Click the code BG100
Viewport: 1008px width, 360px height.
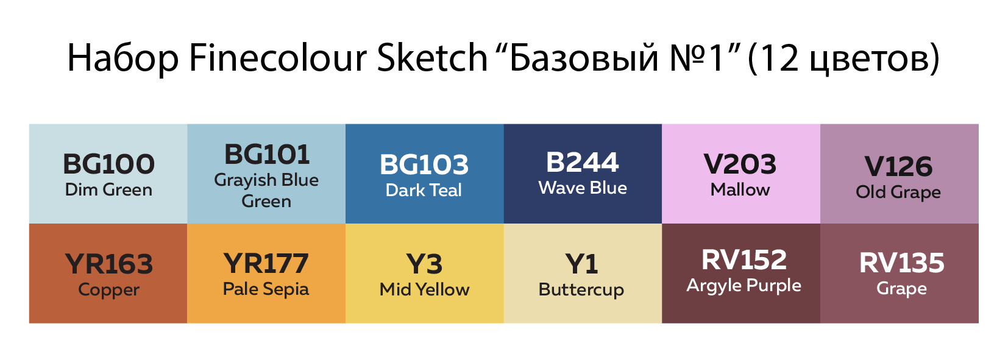coord(108,164)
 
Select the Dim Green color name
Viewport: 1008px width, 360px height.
coord(108,190)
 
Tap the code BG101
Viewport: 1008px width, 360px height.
coord(267,154)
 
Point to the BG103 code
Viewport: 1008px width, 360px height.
coord(424,164)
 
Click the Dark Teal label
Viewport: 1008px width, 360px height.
coord(424,190)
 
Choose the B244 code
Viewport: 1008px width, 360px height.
coord(582,163)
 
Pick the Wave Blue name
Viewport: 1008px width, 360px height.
coord(582,188)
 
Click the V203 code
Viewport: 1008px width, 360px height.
coord(740,164)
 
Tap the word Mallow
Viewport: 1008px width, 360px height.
coord(740,189)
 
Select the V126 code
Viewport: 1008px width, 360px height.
coord(899,167)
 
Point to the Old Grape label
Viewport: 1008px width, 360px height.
coord(898,192)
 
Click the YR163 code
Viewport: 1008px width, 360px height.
coord(109,264)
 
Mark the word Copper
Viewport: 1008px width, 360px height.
coord(108,290)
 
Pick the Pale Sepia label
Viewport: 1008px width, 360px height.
coord(266,289)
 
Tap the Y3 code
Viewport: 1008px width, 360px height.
coord(424,264)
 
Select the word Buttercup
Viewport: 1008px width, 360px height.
coord(581,290)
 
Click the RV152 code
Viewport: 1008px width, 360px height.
coord(744,259)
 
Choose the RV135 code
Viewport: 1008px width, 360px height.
coord(901,263)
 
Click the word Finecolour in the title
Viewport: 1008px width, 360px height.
coord(278,58)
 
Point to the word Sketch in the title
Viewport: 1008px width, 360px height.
coord(433,57)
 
